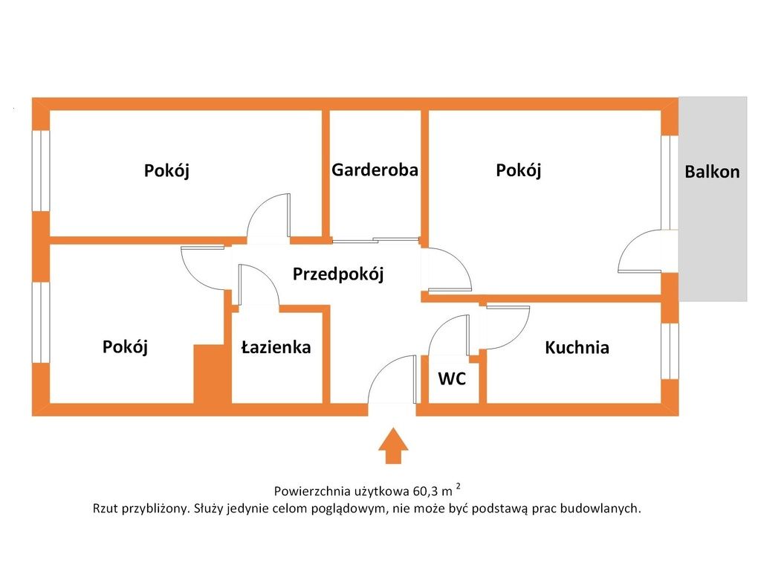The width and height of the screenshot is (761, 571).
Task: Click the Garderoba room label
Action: click(x=375, y=170)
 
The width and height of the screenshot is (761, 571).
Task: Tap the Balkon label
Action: click(x=712, y=172)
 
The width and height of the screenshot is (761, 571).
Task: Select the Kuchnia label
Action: click(x=577, y=347)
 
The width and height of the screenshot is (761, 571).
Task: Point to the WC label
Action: click(x=452, y=378)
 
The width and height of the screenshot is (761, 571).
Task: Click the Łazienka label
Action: click(x=276, y=346)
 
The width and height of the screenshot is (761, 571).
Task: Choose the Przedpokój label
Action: click(x=338, y=274)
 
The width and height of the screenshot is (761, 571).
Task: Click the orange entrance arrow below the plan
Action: click(x=393, y=445)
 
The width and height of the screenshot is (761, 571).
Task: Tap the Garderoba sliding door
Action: click(x=375, y=240)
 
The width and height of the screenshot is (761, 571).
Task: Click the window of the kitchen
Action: click(x=670, y=351)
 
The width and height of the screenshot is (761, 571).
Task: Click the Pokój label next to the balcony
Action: click(x=518, y=170)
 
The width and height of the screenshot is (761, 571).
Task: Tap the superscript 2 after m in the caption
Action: click(x=458, y=485)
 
